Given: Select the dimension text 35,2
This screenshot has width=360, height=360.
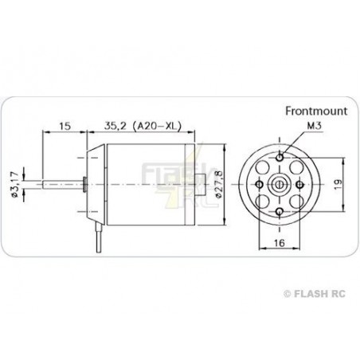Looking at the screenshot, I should [x=117, y=126].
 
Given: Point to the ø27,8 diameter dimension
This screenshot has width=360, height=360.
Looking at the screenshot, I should [x=216, y=184].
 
